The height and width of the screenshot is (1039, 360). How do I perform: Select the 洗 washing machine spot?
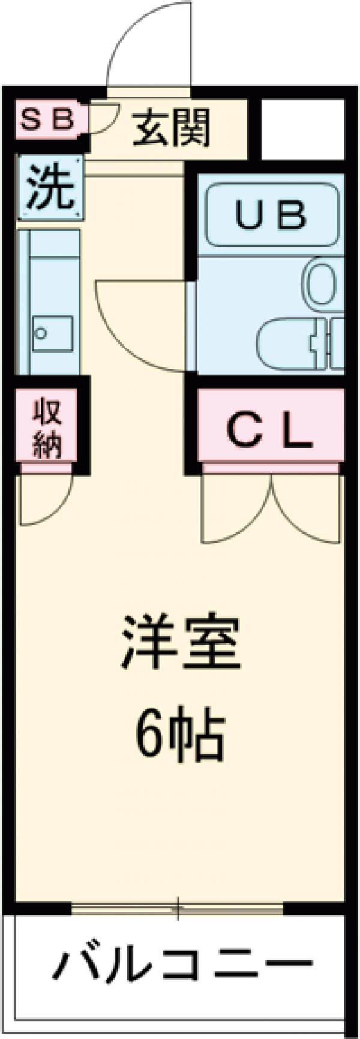click(x=50, y=187)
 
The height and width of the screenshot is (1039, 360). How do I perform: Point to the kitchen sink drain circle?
click(x=41, y=333)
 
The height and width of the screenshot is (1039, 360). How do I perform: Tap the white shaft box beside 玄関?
click(x=302, y=128)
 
